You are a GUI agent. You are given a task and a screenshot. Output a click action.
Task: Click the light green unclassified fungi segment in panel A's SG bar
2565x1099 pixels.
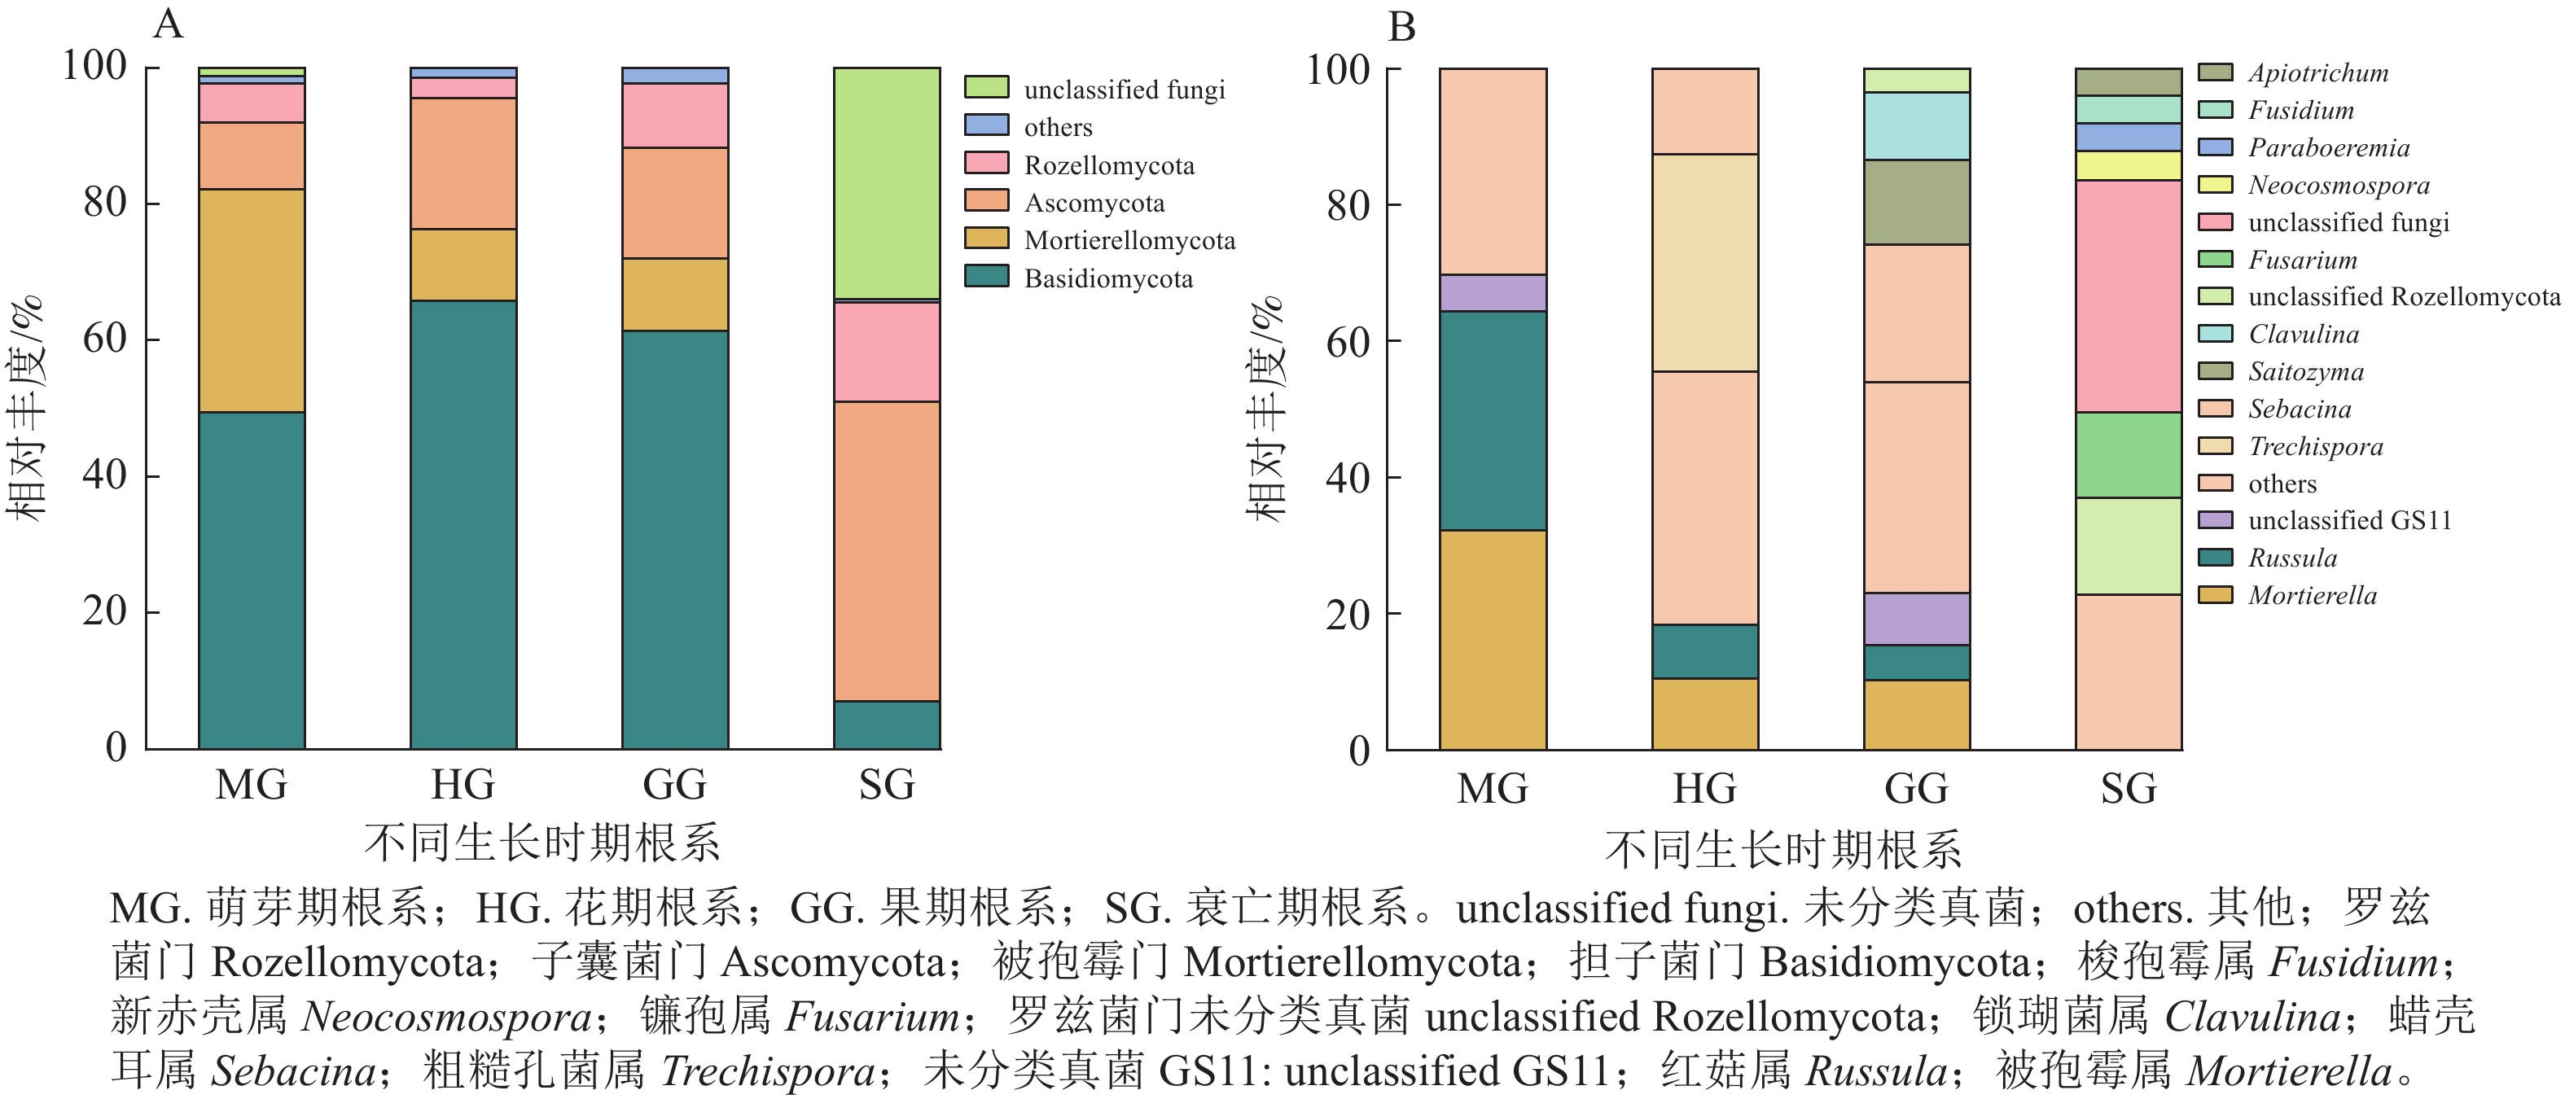coord(886,183)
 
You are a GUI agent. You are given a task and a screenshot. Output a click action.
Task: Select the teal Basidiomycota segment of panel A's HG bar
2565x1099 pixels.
coord(463,523)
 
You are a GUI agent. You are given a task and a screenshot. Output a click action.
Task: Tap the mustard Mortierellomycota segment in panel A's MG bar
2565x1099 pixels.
coord(252,300)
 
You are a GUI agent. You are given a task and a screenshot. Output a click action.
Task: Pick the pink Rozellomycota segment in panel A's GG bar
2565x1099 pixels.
coord(675,116)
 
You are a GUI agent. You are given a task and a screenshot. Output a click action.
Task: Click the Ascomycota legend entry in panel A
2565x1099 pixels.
coord(1094,203)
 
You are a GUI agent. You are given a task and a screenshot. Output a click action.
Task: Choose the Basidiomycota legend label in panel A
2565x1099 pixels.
coord(1108,278)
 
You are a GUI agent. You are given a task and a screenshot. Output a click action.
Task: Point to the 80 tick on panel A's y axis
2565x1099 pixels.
coord(104,202)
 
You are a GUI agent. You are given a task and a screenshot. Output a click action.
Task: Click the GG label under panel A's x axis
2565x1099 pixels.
coord(675,785)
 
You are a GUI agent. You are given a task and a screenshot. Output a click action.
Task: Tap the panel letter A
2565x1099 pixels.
coord(169,23)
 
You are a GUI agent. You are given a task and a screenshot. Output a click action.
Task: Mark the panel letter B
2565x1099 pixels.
coord(1401,26)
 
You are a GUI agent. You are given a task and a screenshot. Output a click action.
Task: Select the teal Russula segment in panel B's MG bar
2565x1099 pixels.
coord(1493,420)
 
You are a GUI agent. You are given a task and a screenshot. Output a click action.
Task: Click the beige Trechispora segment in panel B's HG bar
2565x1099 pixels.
coord(1704,263)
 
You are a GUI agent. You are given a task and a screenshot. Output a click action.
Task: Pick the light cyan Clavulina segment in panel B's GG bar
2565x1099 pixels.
coord(1917,125)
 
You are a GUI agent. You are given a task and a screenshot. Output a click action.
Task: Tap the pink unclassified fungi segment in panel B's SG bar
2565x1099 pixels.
coord(2129,296)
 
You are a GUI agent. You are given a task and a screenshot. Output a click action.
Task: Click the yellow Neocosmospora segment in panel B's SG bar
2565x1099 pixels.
coord(2129,165)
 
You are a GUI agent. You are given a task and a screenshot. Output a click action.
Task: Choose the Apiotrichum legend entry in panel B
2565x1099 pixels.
coord(2317,72)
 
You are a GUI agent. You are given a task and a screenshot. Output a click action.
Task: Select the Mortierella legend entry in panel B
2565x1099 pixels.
coord(2311,595)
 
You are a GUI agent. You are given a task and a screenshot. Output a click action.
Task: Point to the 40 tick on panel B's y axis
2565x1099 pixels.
coord(1348,479)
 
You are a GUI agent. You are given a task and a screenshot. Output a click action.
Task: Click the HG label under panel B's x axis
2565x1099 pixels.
coord(1704,788)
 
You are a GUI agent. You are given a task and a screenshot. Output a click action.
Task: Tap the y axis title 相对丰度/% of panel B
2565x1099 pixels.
coord(1265,408)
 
